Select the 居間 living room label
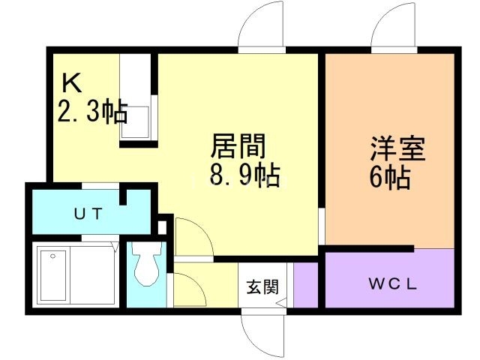click(238, 145)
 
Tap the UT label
click(88, 212)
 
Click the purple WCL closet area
click(390, 278)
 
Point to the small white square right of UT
click(163, 226)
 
